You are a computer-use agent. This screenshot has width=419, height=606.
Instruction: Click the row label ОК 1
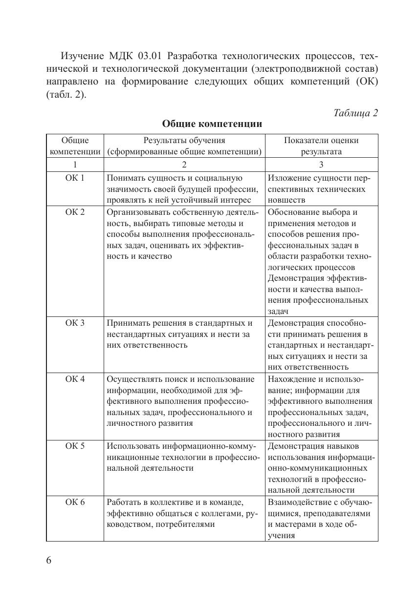click(75, 178)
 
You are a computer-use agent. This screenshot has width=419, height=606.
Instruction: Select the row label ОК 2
click(75, 212)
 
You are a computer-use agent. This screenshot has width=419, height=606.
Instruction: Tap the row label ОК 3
click(75, 323)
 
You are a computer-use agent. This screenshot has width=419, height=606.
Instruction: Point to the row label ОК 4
click(75, 379)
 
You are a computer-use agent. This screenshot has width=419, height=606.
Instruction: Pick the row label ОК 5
click(75, 446)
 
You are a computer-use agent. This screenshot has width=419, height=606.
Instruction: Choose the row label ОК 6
click(75, 502)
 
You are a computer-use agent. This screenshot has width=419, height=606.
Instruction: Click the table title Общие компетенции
click(212, 124)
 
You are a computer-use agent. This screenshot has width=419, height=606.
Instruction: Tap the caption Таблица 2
click(355, 113)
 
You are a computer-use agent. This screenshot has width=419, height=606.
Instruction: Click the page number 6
click(49, 560)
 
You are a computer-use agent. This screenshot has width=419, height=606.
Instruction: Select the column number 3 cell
click(321, 165)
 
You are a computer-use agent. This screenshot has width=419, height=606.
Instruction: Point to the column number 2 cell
click(184, 165)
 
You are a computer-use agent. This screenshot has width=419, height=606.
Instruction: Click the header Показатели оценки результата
click(321, 146)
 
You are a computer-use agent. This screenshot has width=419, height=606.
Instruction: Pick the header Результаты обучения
click(184, 141)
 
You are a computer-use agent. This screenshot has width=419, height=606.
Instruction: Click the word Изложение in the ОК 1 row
click(288, 178)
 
